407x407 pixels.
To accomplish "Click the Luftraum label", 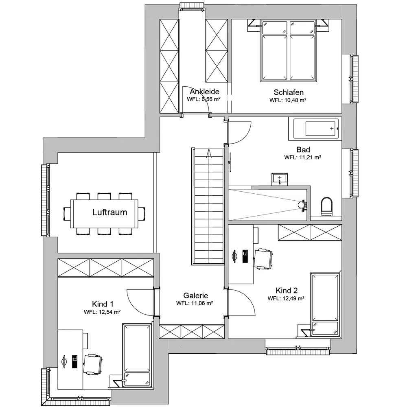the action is [109, 212].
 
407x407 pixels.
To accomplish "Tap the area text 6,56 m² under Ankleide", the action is [211, 99].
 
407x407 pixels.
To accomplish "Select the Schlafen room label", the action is [289, 92].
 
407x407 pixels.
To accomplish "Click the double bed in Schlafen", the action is [288, 50].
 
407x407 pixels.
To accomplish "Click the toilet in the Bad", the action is [326, 207].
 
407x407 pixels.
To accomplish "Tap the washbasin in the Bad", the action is [280, 179].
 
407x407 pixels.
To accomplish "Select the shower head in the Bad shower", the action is [302, 205].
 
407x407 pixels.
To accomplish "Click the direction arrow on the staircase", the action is [208, 154].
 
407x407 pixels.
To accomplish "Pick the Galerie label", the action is [195, 295].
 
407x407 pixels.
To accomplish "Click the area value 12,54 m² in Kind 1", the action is [109, 312].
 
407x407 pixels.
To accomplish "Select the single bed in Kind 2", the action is [325, 304].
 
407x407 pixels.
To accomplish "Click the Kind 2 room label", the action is [286, 290].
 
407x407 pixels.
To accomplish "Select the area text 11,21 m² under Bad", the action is [308, 157].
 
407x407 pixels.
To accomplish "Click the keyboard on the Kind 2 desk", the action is [245, 256].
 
